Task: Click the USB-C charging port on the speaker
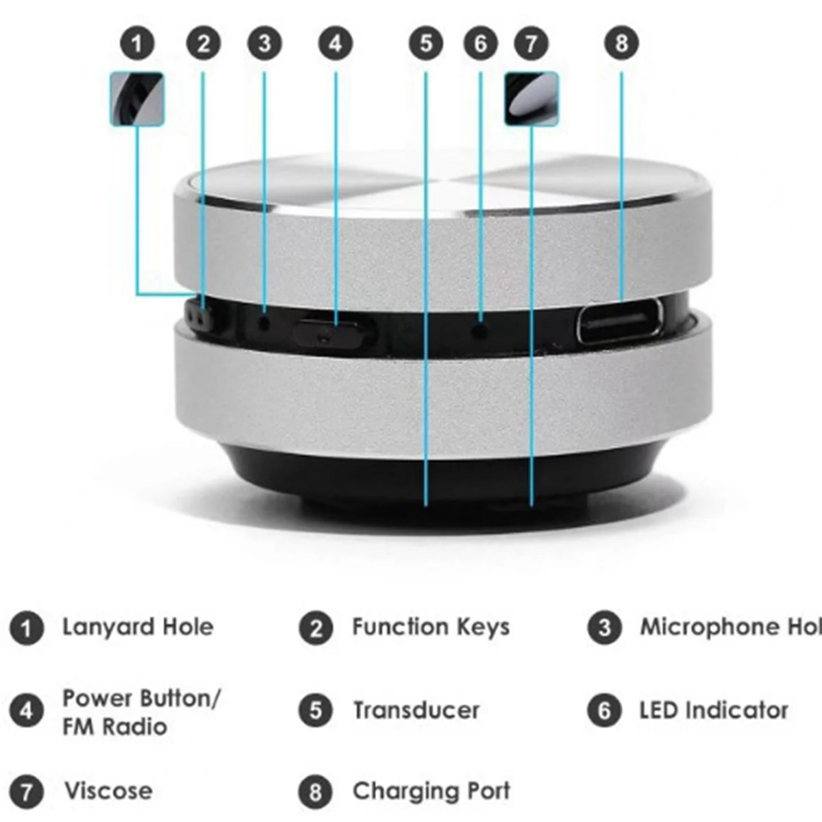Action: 620,320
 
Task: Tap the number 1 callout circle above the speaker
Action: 138,44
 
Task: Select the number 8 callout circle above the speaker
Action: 621,43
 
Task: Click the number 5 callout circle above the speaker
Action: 426,44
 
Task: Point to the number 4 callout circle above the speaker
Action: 335,44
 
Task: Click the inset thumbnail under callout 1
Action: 137,99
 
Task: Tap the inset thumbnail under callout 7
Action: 532,99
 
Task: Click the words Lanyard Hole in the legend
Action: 138,627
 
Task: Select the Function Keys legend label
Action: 430,627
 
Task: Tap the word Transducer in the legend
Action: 416,710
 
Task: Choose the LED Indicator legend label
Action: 713,710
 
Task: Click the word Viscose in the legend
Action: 108,791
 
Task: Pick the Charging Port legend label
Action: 431,791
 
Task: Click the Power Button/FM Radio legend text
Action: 140,712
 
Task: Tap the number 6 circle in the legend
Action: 604,710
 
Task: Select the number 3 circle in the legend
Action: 604,627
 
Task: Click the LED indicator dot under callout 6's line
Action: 481,331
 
